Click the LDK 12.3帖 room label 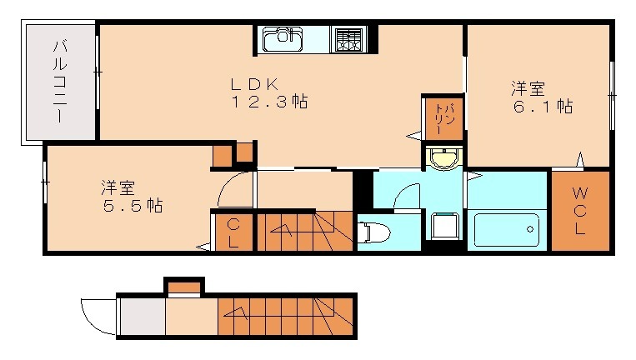point(268,93)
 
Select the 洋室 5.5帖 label point(132,196)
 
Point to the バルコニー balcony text point(61,81)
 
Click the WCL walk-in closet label point(580,211)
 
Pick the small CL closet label point(233,232)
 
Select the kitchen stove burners point(348,39)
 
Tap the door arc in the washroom point(407,197)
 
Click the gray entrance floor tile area point(142,317)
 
